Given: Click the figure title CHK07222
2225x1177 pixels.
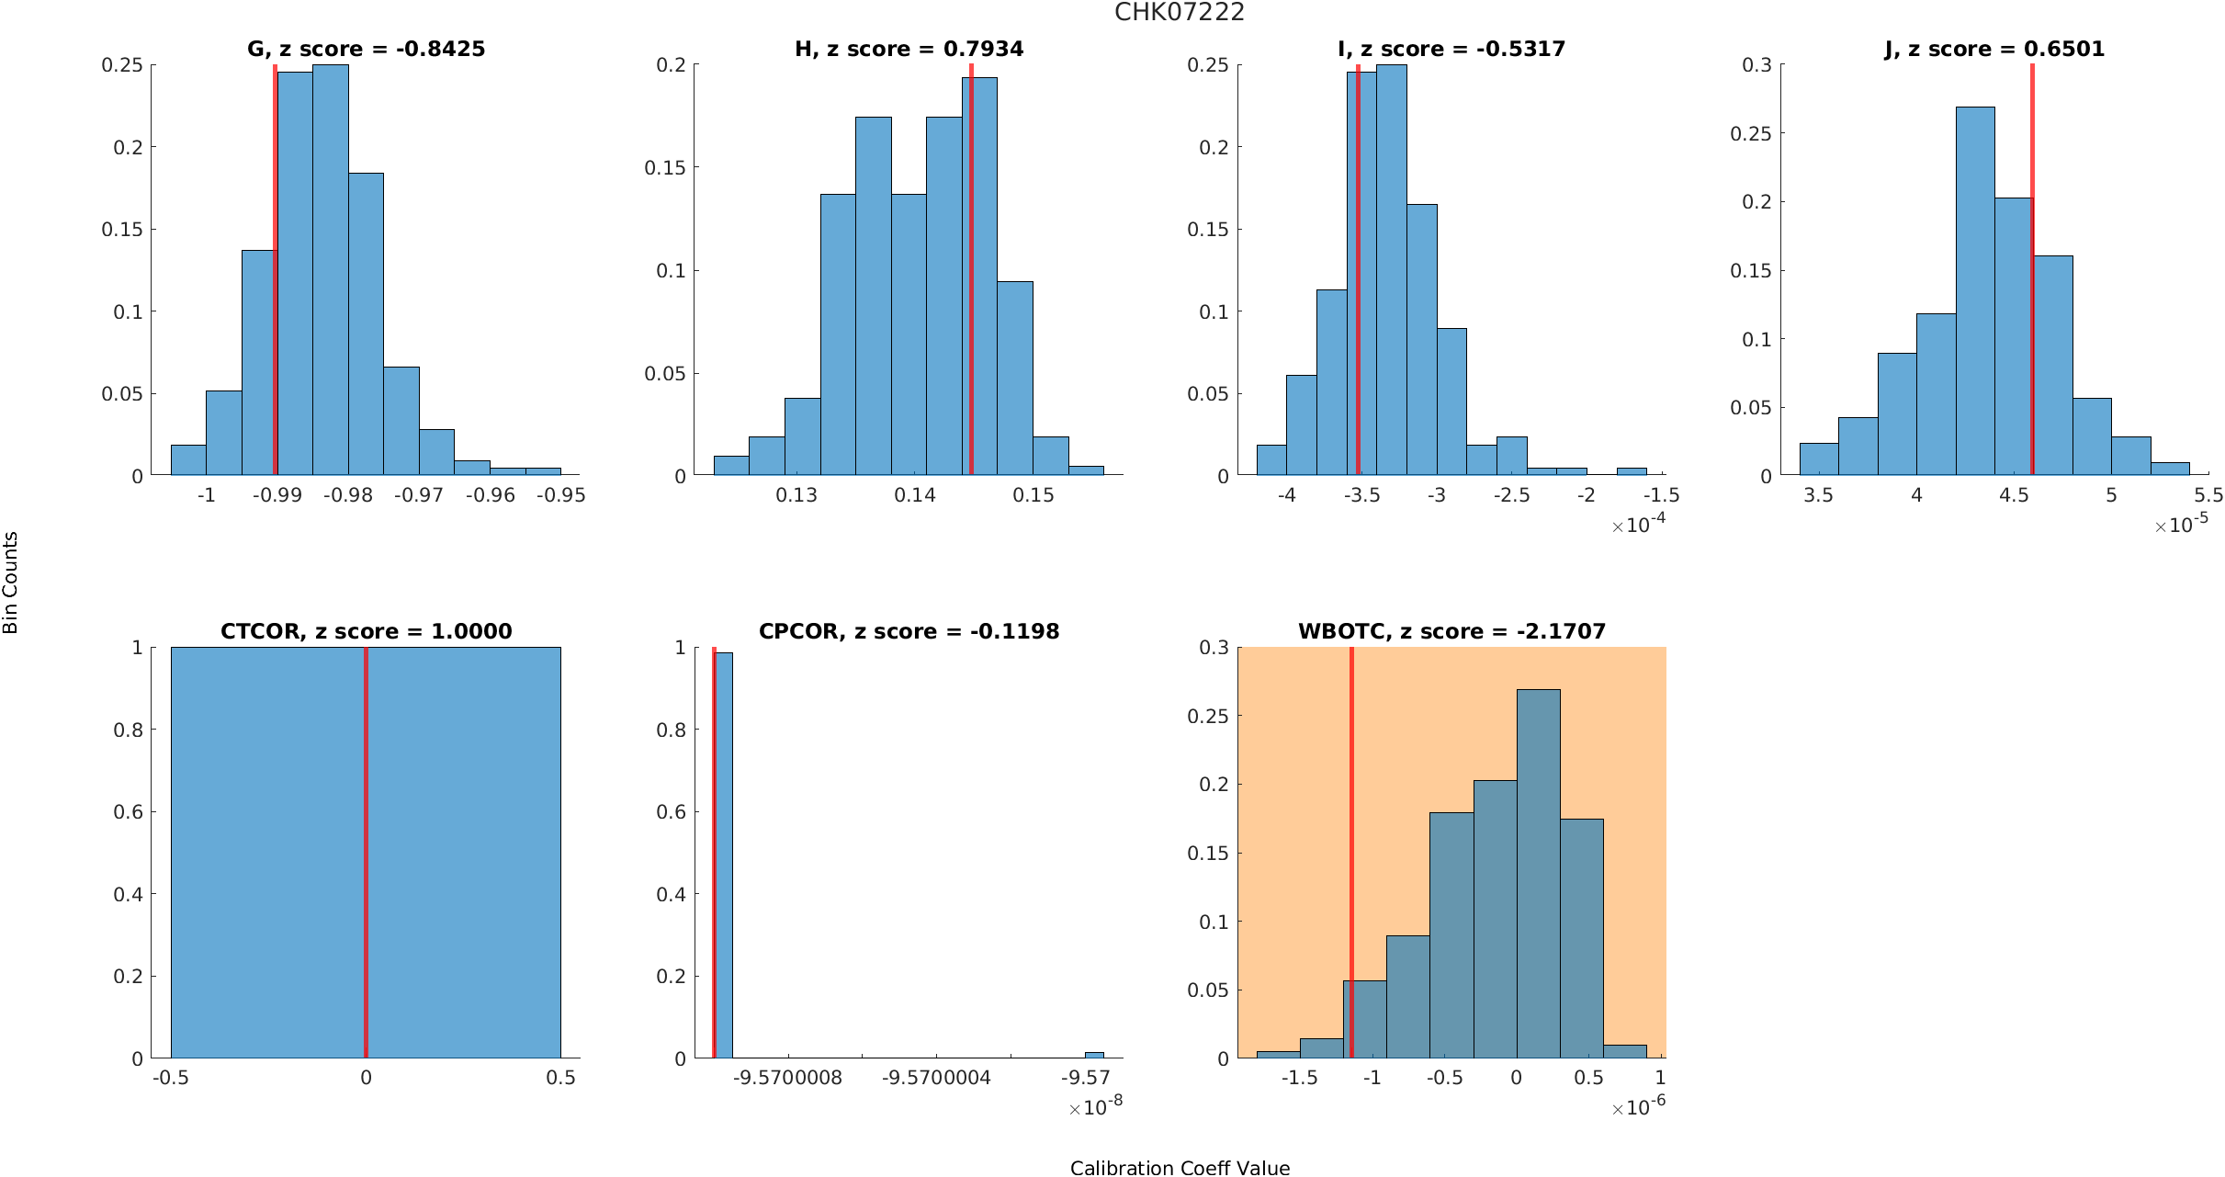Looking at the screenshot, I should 1180,13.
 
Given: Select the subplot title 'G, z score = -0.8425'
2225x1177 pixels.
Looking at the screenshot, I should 366,50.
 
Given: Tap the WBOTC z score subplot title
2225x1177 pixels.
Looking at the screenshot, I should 1451,632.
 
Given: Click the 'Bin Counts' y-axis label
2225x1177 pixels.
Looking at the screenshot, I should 11,583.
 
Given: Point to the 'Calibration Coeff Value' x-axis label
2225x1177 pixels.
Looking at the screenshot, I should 1180,1168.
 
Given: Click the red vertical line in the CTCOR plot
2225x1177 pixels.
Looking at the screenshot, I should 366,853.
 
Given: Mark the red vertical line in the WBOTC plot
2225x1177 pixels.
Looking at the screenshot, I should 1351,853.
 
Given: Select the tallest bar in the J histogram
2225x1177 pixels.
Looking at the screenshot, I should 1975,291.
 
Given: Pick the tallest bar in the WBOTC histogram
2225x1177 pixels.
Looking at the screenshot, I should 1538,873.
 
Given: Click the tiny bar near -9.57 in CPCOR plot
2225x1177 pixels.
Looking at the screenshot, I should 1094,1055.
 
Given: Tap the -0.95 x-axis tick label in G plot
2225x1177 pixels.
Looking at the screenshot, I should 560,496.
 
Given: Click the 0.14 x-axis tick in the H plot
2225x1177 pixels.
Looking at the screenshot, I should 915,496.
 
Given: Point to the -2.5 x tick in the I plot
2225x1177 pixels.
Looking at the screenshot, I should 1511,496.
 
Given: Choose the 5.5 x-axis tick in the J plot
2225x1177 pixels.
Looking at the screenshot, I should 2208,496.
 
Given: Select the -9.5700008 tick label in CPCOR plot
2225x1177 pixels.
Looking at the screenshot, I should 787,1078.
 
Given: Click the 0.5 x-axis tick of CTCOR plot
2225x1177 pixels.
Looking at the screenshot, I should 560,1078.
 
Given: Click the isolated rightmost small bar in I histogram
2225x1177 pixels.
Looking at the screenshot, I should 1632,471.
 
